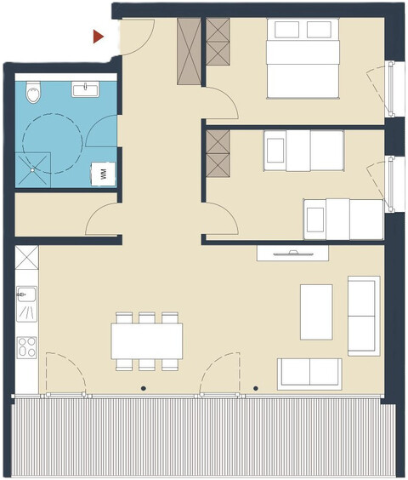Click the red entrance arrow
pyautogui.click(x=99, y=37)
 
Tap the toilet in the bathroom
pyautogui.click(x=33, y=90)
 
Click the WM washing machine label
pyautogui.click(x=104, y=174)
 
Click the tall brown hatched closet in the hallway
pyautogui.click(x=188, y=50)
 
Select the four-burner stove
pyautogui.click(x=26, y=347)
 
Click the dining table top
pyautogui.click(x=146, y=341)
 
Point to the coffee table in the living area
pyautogui.click(x=316, y=310)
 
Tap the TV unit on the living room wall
pyautogui.click(x=294, y=253)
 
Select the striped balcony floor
pyautogui.click(x=204, y=438)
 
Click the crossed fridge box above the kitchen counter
pyautogui.click(x=26, y=258)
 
